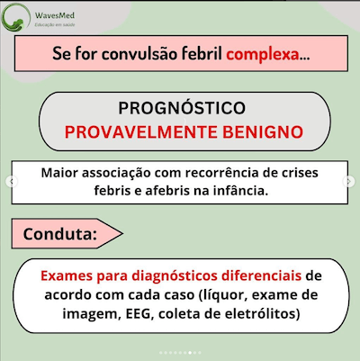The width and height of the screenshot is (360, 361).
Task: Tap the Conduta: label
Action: [60, 235]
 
